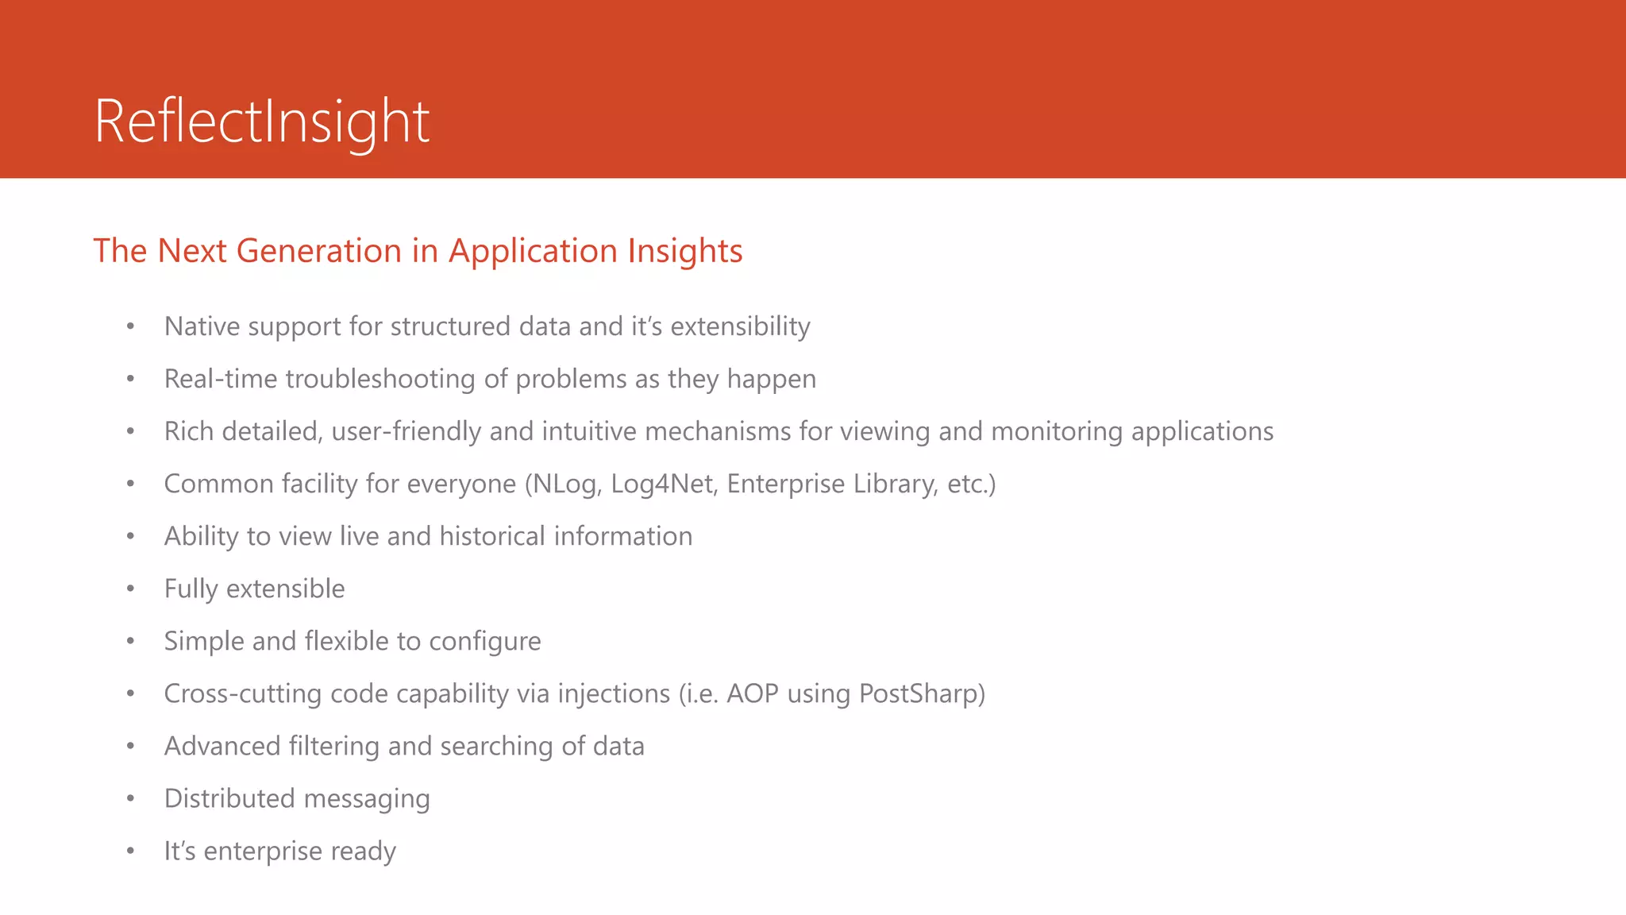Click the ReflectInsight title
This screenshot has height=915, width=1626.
[262, 121]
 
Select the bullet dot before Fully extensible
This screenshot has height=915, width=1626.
[130, 589]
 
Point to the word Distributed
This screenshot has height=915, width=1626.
[229, 798]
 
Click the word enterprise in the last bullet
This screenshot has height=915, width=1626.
[263, 851]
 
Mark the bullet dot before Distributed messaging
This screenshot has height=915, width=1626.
[130, 798]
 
